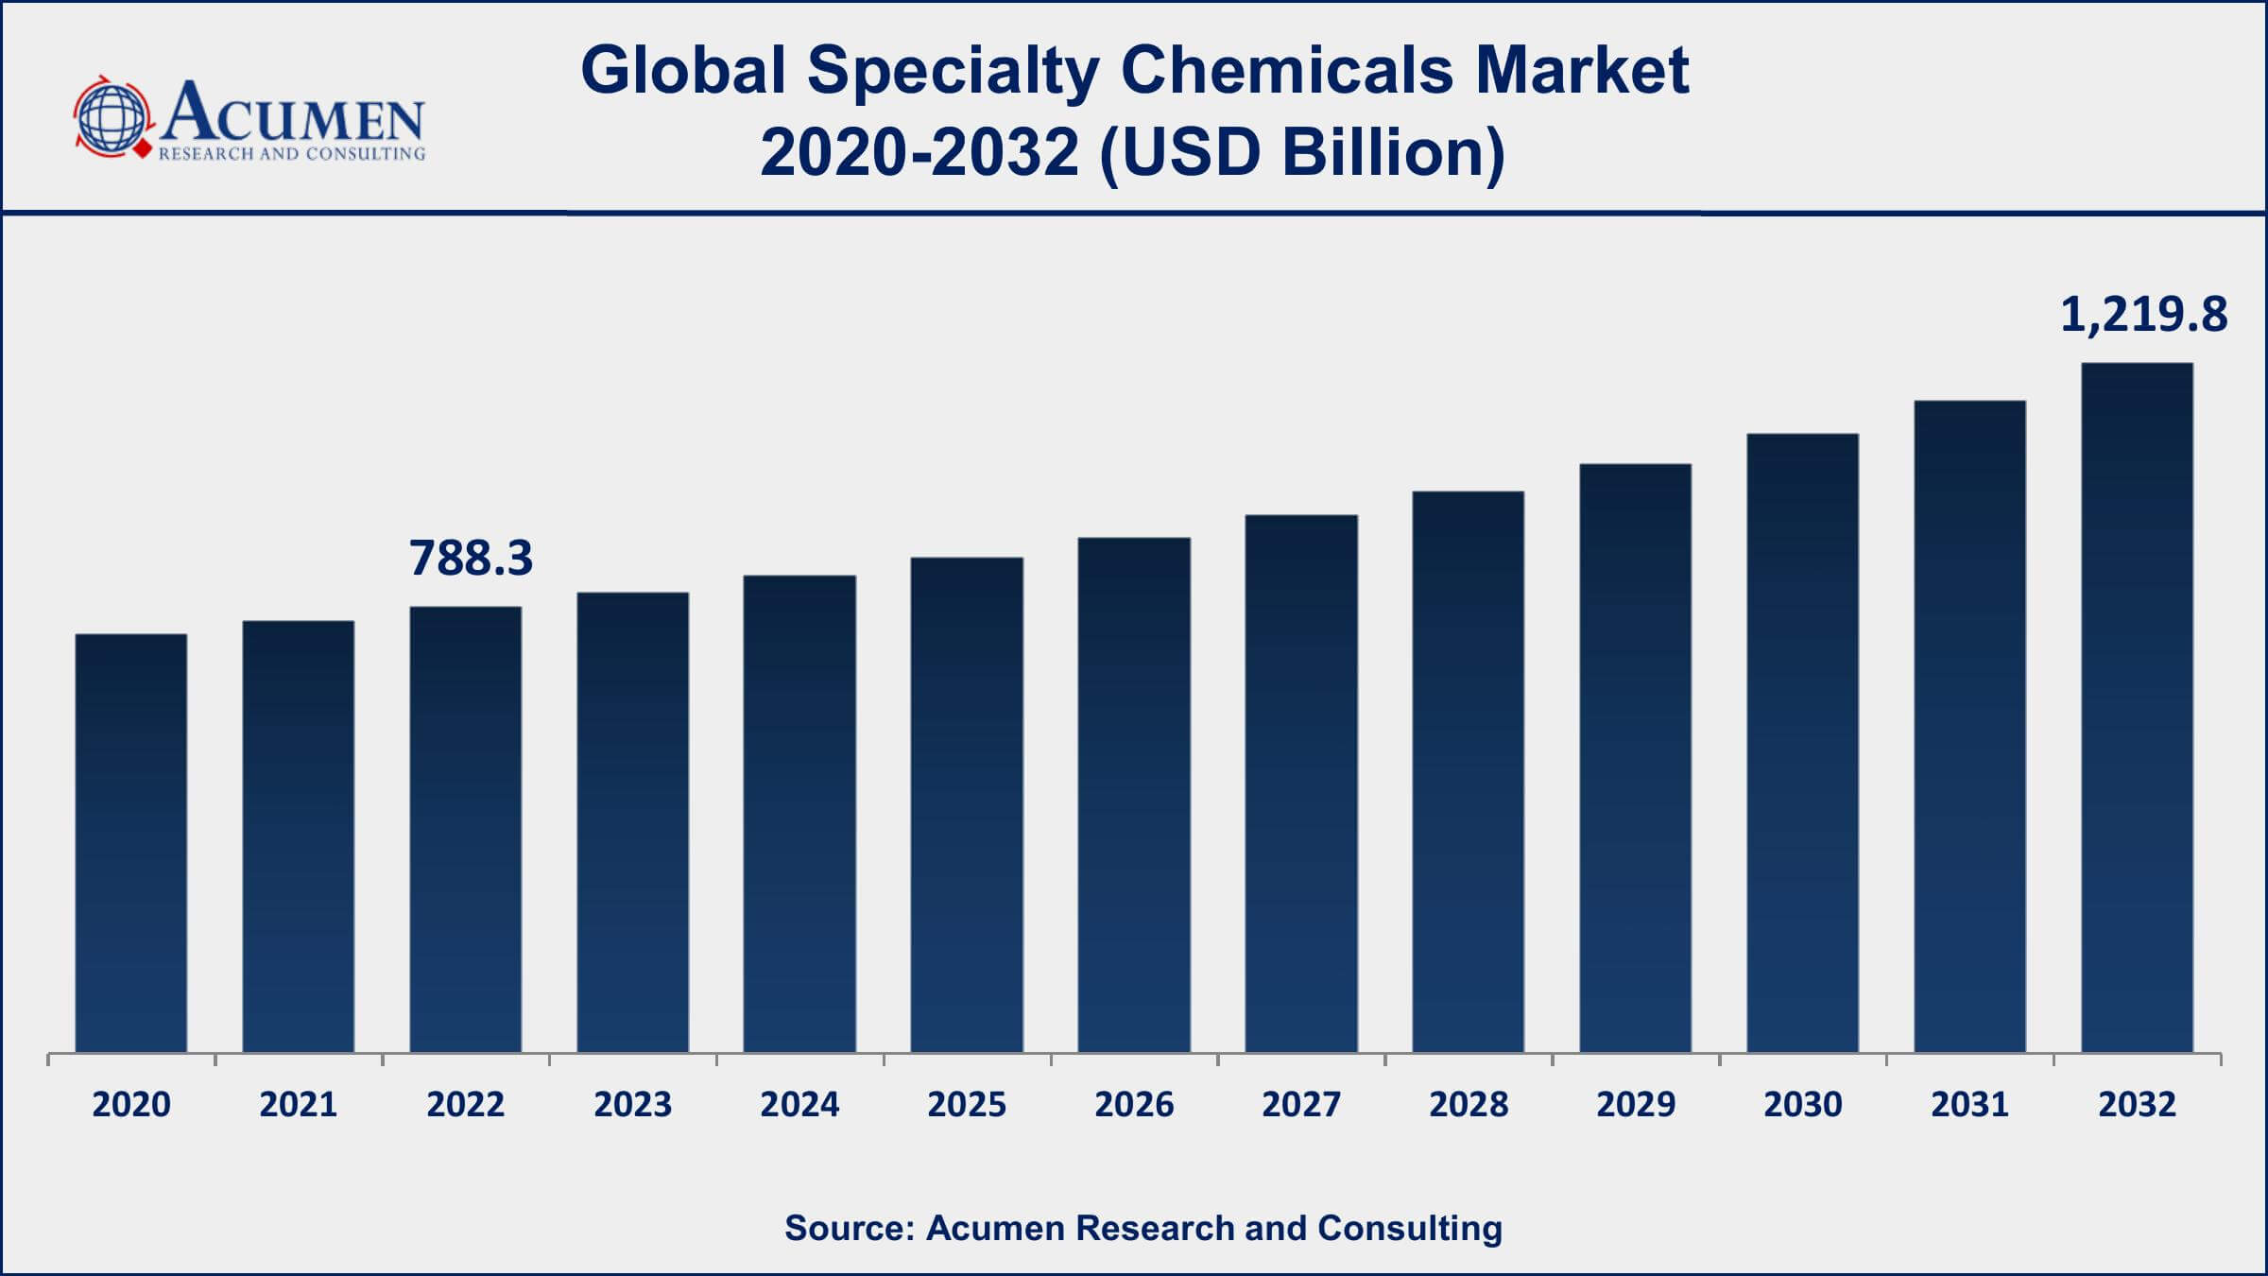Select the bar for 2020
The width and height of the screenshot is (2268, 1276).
click(x=131, y=841)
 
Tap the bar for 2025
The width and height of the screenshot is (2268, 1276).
click(x=967, y=803)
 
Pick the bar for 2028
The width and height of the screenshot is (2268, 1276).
click(x=1468, y=770)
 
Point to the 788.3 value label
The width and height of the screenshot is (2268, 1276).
click(x=471, y=558)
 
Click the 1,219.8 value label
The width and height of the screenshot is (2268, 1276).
click(x=2142, y=314)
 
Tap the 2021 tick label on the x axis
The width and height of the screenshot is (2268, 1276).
click(x=298, y=1104)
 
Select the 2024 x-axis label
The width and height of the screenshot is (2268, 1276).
click(x=799, y=1104)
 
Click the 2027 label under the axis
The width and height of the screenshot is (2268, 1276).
click(x=1300, y=1104)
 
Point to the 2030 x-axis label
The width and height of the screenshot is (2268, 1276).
click(x=1802, y=1104)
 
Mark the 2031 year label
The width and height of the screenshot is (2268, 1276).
click(x=1969, y=1104)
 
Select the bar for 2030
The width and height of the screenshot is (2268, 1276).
click(x=1802, y=742)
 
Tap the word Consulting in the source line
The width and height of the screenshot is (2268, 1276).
click(x=1409, y=1228)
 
